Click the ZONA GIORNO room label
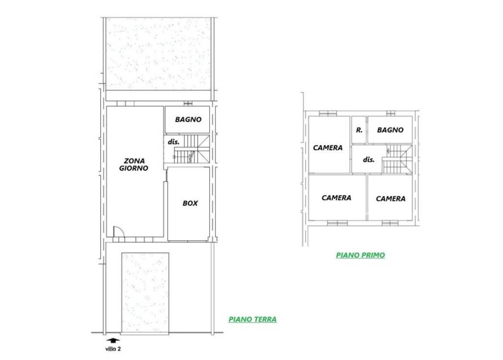point(134,164)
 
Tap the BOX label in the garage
point(190,203)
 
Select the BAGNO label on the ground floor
point(188,120)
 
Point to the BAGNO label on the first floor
point(390,130)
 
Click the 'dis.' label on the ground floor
point(173,142)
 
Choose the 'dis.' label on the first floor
point(368,160)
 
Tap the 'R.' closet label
point(359,130)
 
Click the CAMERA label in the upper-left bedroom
point(328,148)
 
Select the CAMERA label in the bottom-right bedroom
point(391,199)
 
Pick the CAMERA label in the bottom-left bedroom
point(336,198)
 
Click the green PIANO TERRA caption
point(252,320)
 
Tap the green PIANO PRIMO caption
point(360,255)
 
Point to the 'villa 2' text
point(113,349)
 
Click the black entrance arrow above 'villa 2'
point(113,341)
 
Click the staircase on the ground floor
point(192,149)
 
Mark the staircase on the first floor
point(397,160)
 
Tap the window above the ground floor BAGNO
point(188,104)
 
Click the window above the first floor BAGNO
point(391,113)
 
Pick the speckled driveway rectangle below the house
point(145,293)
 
